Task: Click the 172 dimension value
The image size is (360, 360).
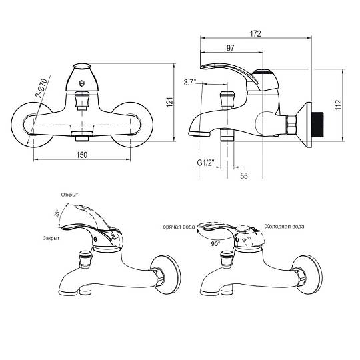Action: (x=255, y=34)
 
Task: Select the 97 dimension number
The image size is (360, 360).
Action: (x=230, y=48)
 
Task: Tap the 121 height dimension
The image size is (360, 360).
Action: (x=169, y=102)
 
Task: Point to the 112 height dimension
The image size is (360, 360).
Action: (x=339, y=105)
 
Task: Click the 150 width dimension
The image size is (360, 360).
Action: (x=82, y=155)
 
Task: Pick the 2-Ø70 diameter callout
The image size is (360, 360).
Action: (x=42, y=89)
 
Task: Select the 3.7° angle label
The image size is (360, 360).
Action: (x=190, y=82)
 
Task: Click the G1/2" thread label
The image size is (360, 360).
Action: (x=206, y=163)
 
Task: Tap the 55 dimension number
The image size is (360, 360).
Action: (x=244, y=176)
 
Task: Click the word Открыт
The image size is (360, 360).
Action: (x=69, y=195)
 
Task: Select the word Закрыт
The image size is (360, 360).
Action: (x=51, y=238)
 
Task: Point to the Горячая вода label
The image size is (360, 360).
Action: (x=177, y=227)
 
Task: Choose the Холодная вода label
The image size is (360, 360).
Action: (x=285, y=227)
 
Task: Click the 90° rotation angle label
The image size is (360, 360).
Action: (x=215, y=244)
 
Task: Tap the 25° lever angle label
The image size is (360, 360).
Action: (x=57, y=213)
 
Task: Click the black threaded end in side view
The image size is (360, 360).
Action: (x=317, y=125)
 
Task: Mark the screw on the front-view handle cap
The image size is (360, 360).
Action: (x=81, y=83)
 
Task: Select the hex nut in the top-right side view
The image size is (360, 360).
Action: (x=291, y=125)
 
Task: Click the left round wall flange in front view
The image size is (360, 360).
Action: (x=32, y=125)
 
